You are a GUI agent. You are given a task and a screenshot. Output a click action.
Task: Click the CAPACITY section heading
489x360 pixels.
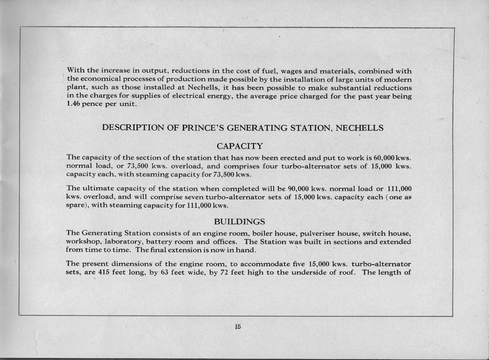click(x=239, y=146)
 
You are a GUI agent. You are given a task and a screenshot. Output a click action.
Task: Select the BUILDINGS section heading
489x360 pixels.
click(x=239, y=221)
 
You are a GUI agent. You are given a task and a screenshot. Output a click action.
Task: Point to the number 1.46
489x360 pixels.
click(x=73, y=104)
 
